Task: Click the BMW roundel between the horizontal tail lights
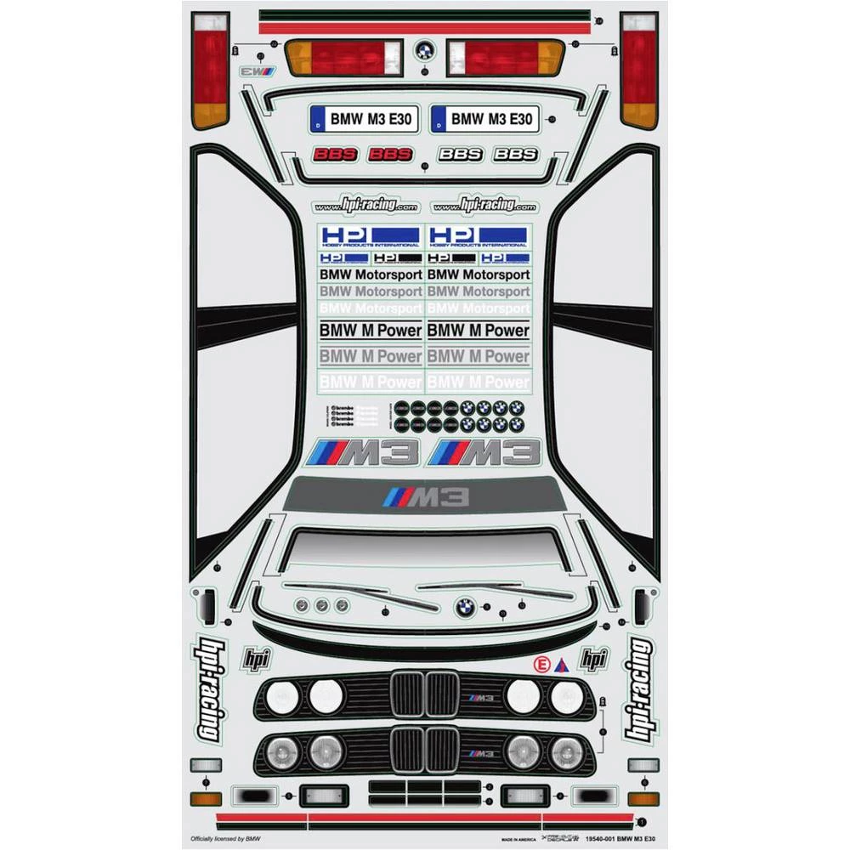pyautogui.click(x=424, y=50)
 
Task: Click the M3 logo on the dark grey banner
pyautogui.click(x=426, y=497)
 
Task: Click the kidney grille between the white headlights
pyautogui.click(x=425, y=695)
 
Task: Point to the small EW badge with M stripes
pyautogui.click(x=258, y=71)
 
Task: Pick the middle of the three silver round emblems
pyautogui.click(x=320, y=605)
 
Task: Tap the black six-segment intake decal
pyautogui.click(x=425, y=794)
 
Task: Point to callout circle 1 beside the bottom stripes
pyautogui.click(x=642, y=821)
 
